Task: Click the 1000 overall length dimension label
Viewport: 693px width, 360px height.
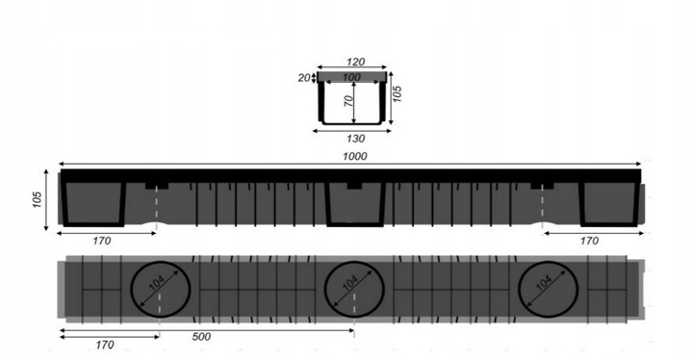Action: [354, 156]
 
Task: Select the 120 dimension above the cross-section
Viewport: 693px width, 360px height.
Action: [355, 62]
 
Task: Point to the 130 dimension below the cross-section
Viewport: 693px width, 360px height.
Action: [355, 139]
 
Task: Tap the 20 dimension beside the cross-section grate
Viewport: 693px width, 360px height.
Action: [304, 78]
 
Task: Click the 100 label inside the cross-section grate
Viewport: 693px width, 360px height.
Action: [352, 77]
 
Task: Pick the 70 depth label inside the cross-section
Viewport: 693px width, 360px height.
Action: [348, 101]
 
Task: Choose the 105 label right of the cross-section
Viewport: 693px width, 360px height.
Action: [398, 93]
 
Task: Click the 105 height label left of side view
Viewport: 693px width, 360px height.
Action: [38, 199]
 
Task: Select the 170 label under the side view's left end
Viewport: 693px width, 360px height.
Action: [102, 241]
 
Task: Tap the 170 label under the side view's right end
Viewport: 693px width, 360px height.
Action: [589, 241]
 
